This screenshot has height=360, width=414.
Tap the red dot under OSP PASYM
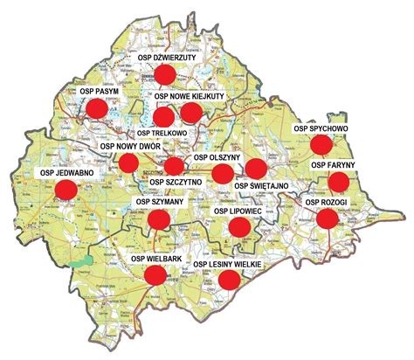pyautogui.click(x=96, y=107)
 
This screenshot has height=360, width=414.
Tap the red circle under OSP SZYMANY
pyautogui.click(x=158, y=218)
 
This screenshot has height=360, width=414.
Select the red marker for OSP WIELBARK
pyautogui.click(x=155, y=275)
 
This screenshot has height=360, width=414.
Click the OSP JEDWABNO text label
pyautogui.click(x=66, y=173)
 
